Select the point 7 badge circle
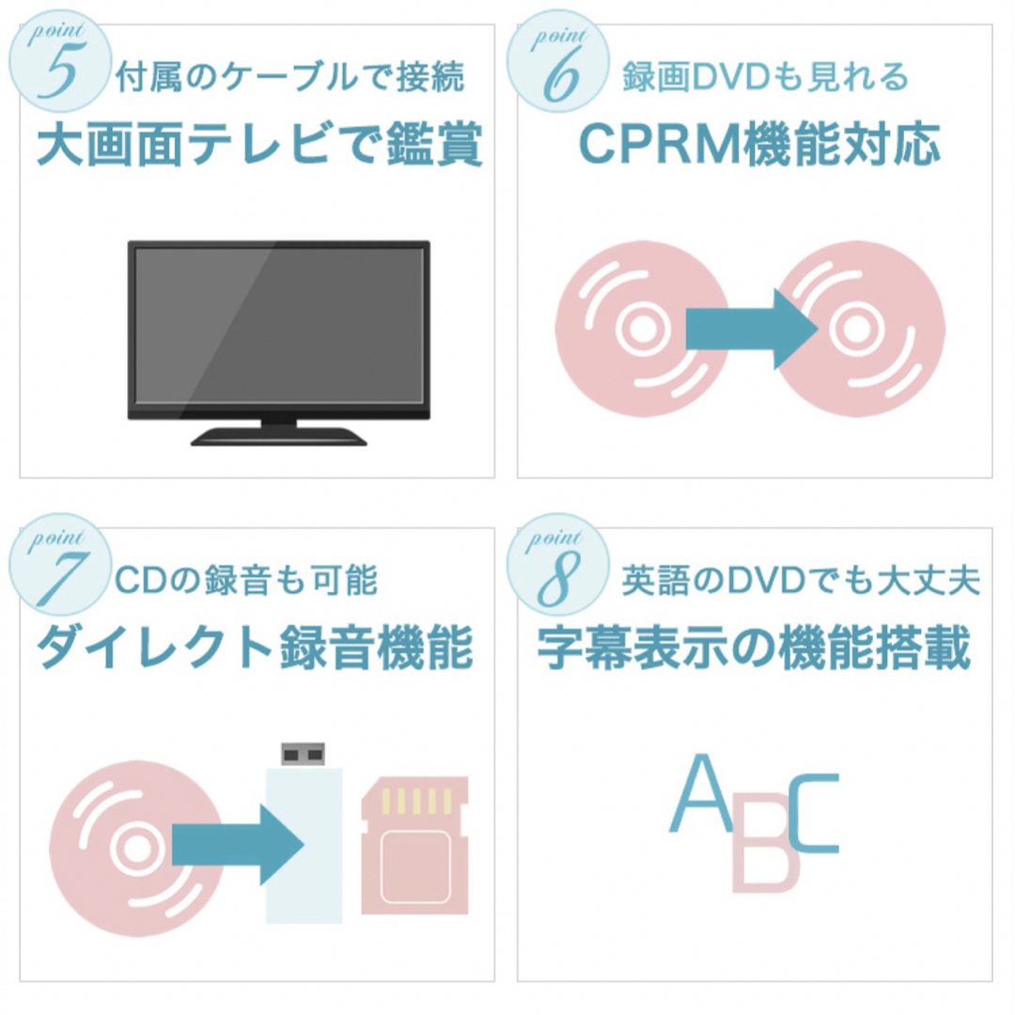coord(59,564)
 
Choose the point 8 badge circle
coord(557,564)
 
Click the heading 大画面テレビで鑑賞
coord(259,145)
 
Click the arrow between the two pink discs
coord(751,329)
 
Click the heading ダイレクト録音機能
coord(255,648)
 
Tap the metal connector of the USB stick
coord(303,754)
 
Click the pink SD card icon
coord(415,845)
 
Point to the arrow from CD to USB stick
coord(237,845)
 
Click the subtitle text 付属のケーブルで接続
coord(290,76)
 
